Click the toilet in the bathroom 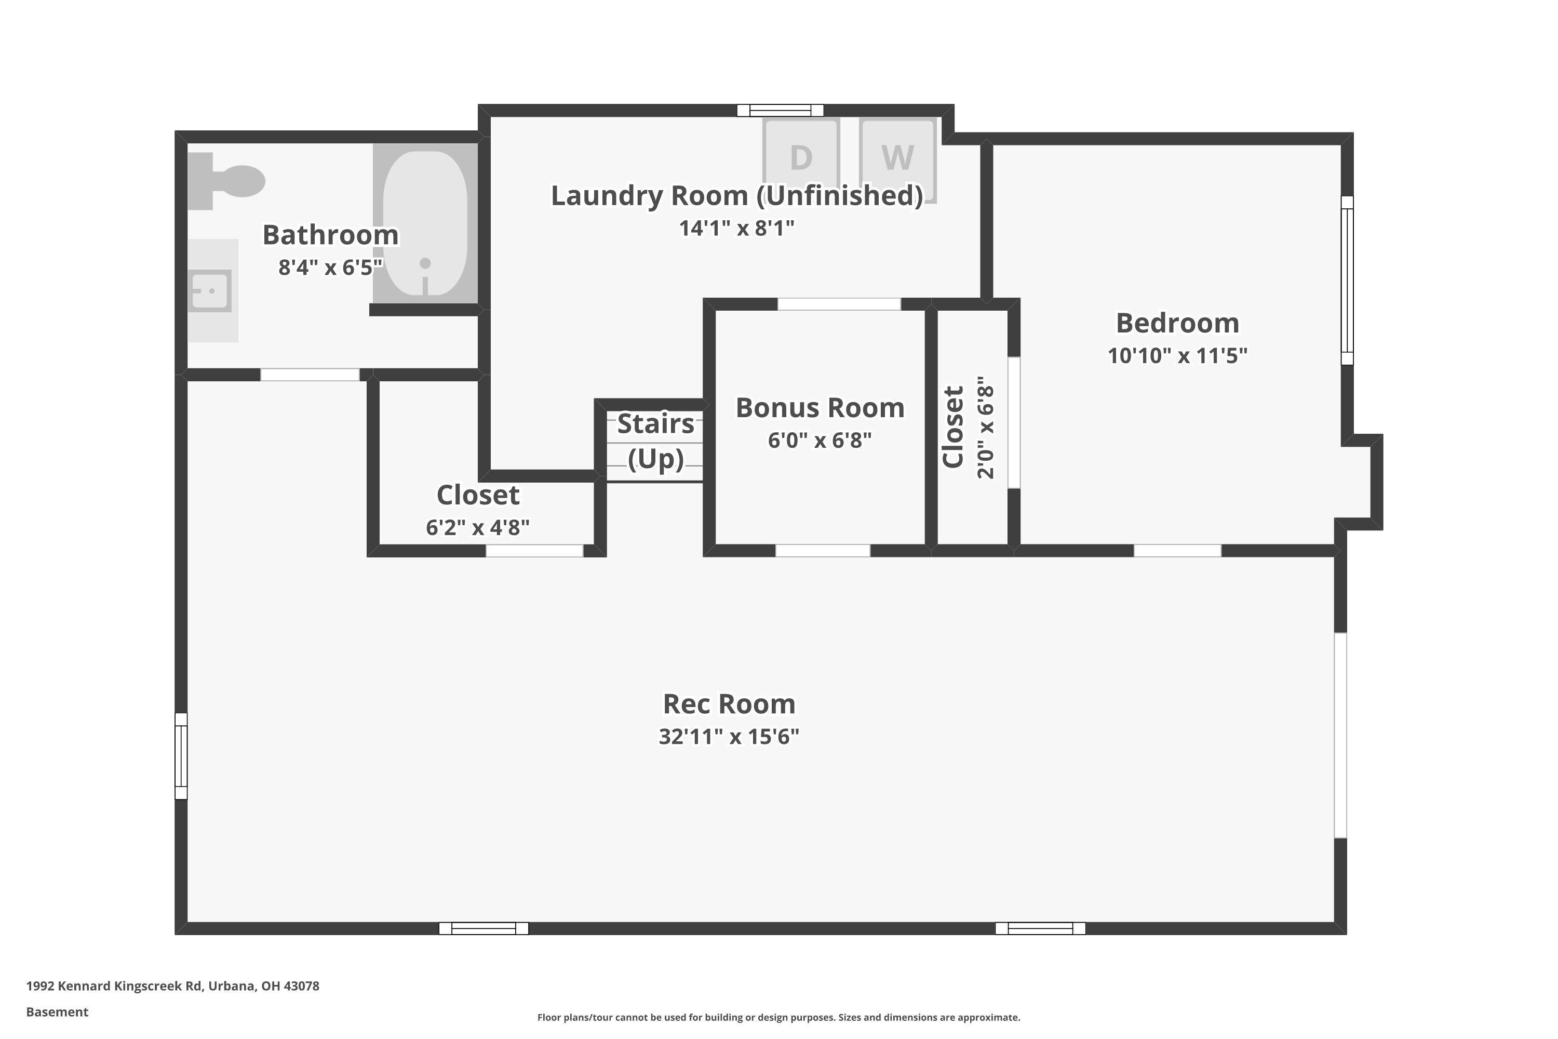[229, 181]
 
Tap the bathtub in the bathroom [425, 223]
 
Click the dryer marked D [801, 158]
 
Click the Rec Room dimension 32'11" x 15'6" [729, 737]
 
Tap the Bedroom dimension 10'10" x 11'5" [1177, 356]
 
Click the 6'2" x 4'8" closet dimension [478, 527]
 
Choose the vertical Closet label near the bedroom [953, 428]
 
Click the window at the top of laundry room [781, 111]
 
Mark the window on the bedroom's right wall [1347, 281]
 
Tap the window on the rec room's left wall [181, 756]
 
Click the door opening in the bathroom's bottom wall [310, 375]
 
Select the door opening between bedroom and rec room [1177, 551]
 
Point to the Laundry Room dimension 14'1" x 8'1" [736, 229]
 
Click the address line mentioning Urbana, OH [172, 986]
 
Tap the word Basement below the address [57, 1012]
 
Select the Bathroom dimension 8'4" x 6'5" [330, 268]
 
